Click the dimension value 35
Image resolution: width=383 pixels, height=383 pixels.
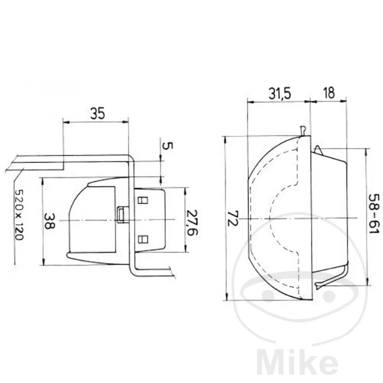click(97, 113)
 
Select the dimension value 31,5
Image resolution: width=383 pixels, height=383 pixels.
click(280, 93)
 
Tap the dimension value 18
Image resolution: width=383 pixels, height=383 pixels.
click(329, 93)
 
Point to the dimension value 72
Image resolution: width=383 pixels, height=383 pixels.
click(232, 218)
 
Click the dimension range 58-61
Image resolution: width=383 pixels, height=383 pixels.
click(374, 213)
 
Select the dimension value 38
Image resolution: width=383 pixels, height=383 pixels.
click(49, 221)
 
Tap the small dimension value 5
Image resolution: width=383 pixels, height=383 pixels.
click(167, 146)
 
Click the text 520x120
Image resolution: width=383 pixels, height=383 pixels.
click(19, 215)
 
